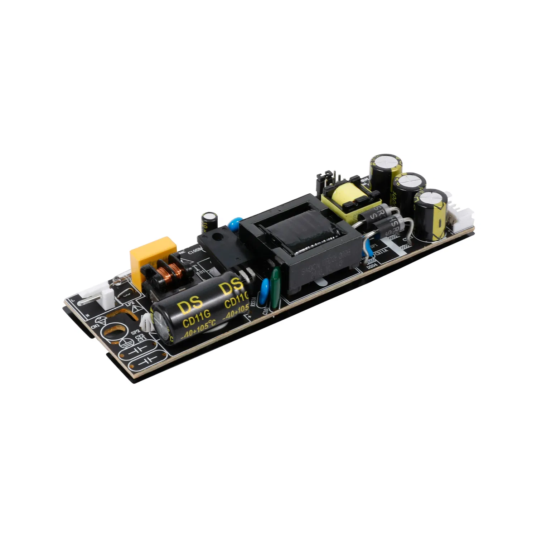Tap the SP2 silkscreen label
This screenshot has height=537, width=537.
point(135,332)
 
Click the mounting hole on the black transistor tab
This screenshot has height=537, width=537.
point(216,237)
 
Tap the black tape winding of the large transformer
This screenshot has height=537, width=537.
point(301,233)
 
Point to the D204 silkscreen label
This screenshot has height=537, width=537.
point(372,265)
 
